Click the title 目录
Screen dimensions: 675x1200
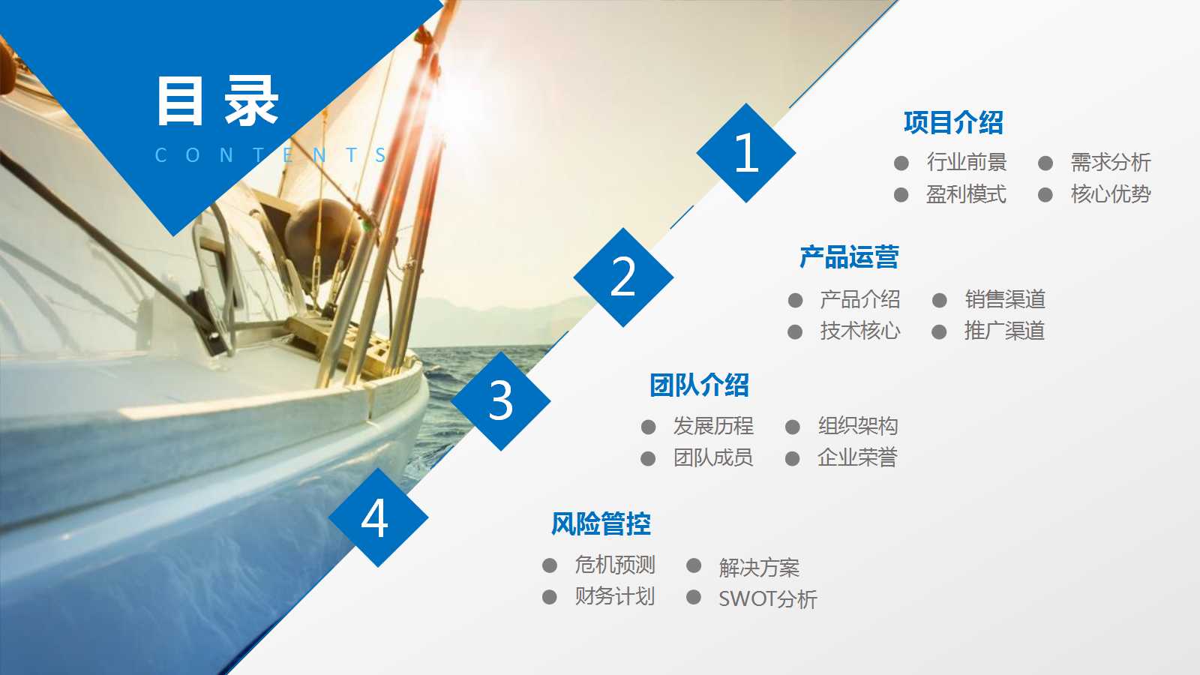click(x=217, y=101)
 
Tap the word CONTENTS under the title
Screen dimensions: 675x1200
click(x=270, y=155)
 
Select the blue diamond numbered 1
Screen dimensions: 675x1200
click(x=745, y=153)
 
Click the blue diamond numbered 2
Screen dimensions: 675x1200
click(x=623, y=277)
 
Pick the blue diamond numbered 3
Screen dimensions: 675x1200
click(x=500, y=400)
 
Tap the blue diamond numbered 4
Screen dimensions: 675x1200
click(x=377, y=517)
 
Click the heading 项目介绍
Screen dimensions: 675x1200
click(x=953, y=122)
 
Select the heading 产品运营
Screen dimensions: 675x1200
click(x=849, y=257)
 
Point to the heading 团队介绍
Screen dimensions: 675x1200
click(x=699, y=385)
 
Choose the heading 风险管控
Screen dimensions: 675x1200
click(x=601, y=523)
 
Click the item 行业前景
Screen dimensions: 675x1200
click(x=966, y=162)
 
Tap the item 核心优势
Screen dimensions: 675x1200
click(x=1110, y=194)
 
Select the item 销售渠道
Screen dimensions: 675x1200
click(x=1005, y=299)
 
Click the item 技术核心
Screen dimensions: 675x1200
click(x=859, y=331)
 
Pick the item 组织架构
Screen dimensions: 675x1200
click(x=857, y=426)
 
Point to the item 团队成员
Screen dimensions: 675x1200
click(x=712, y=457)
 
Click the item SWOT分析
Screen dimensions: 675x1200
click(x=767, y=598)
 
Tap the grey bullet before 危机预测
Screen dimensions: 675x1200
click(x=550, y=565)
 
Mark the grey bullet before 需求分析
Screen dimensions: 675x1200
click(x=1045, y=163)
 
